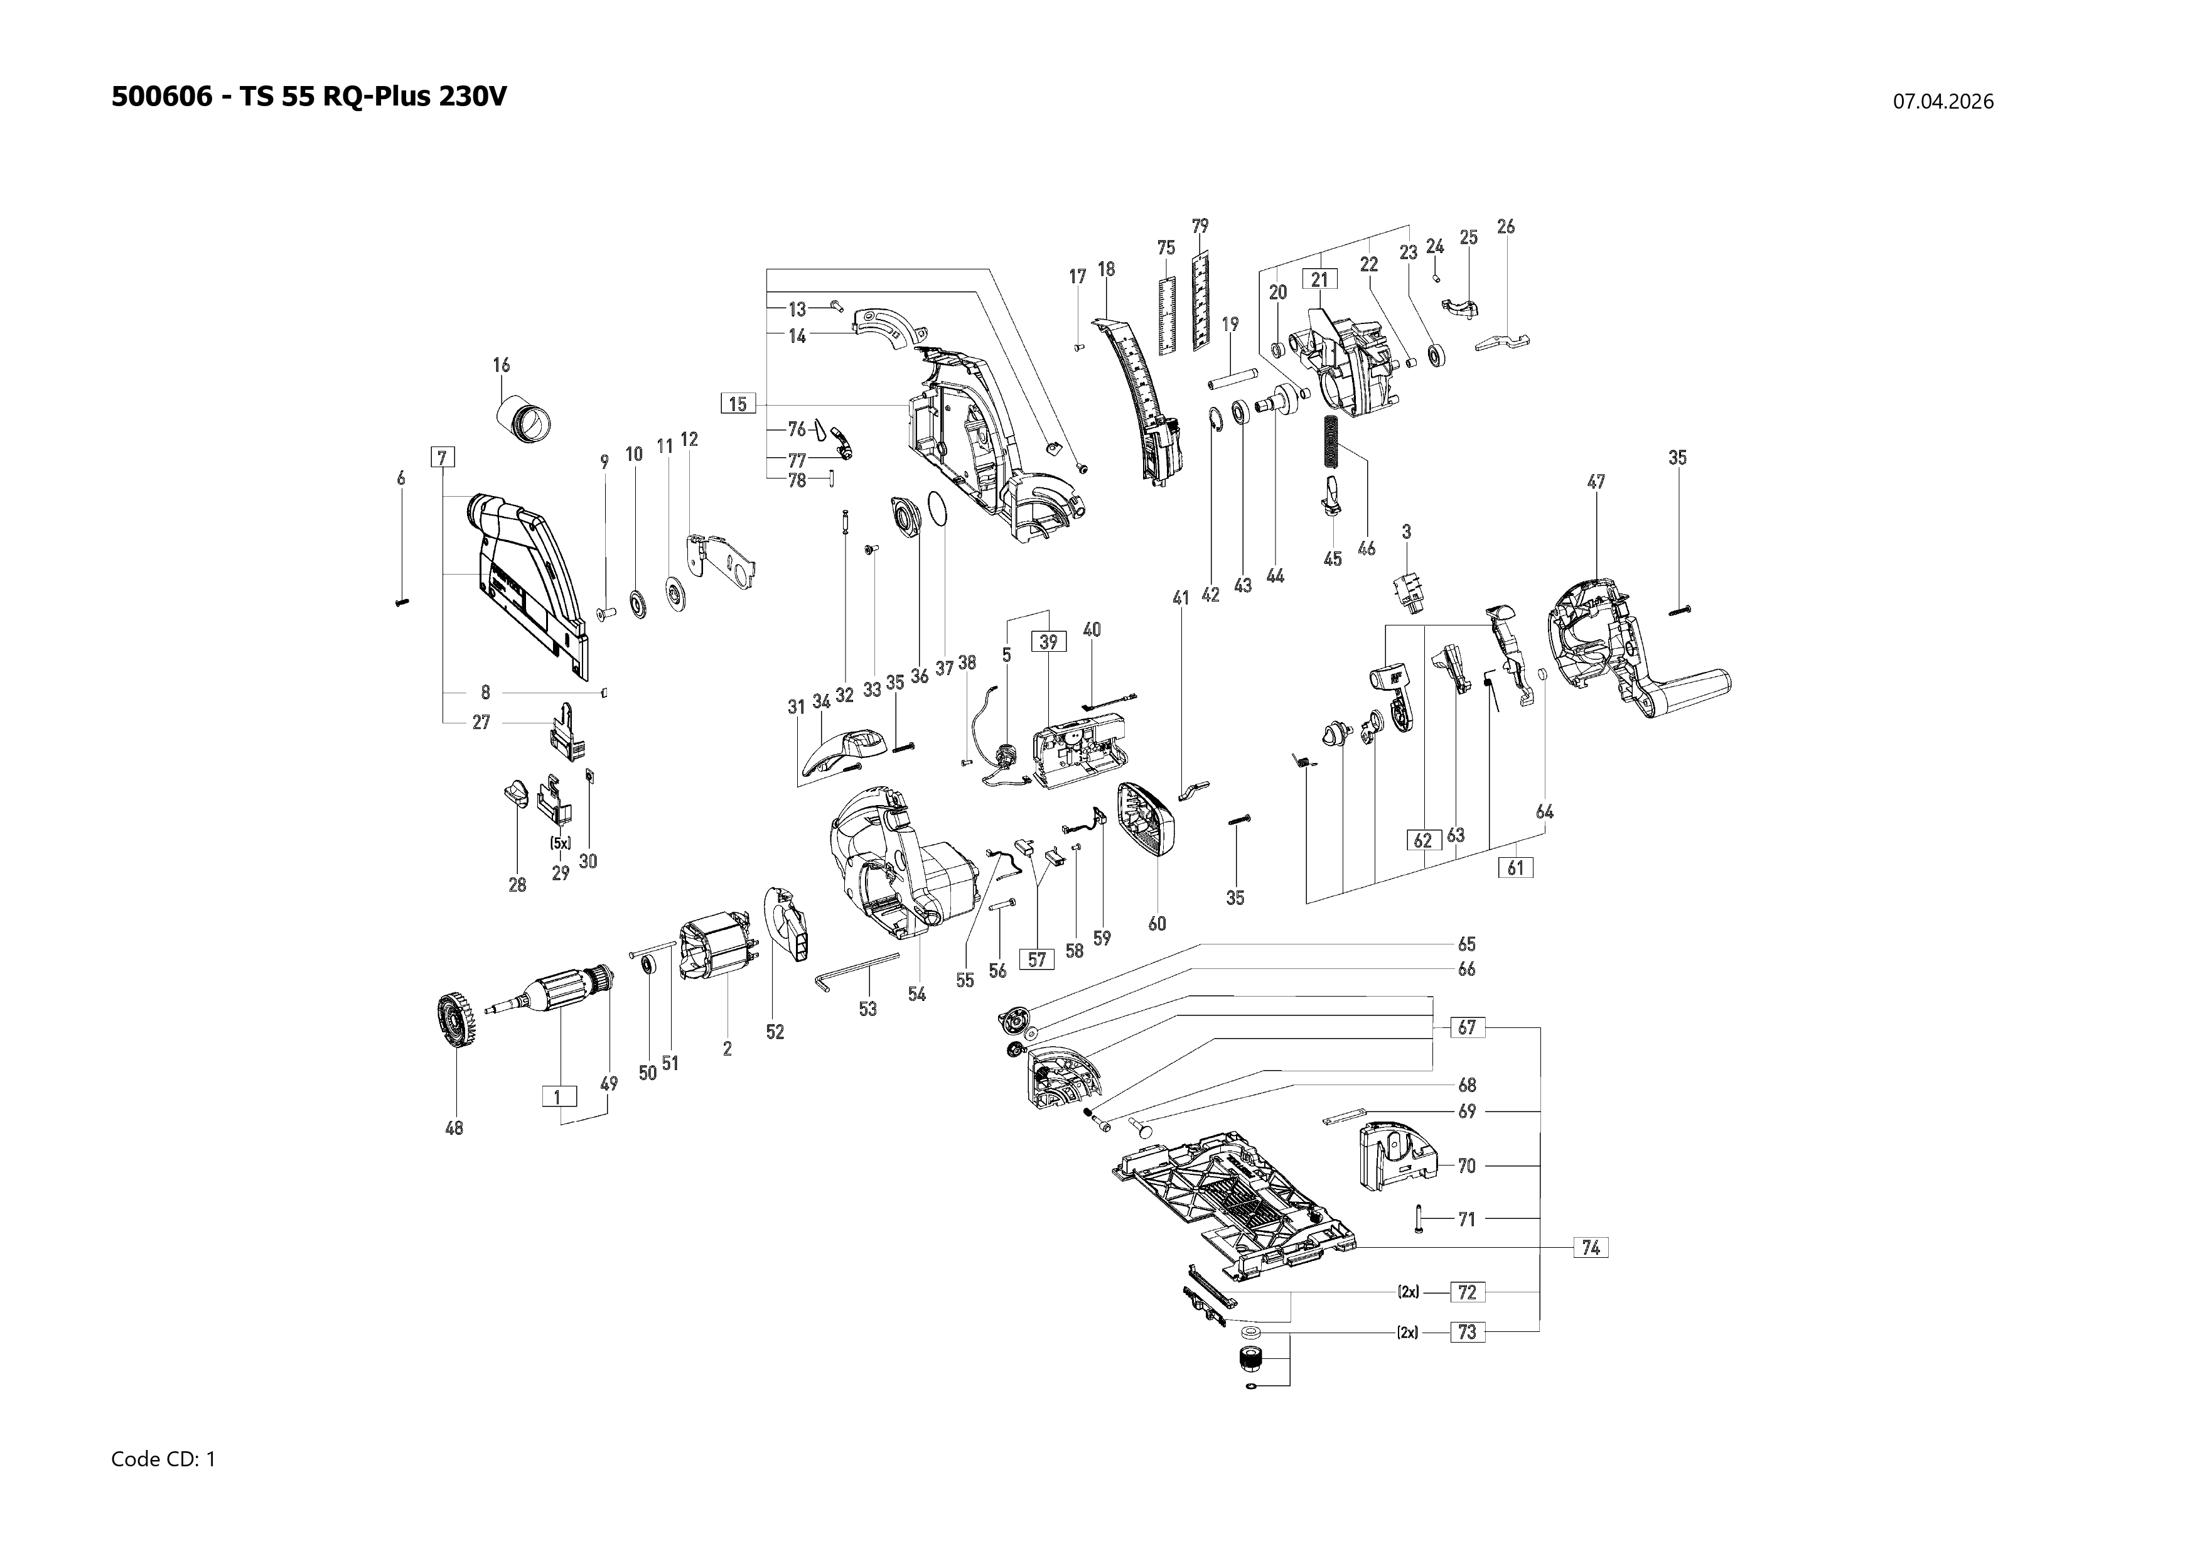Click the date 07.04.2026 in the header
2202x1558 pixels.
point(1942,102)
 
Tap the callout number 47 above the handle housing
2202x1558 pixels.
point(1596,482)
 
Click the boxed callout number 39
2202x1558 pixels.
point(1048,642)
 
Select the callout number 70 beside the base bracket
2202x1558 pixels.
point(1466,1166)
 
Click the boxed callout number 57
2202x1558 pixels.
point(1037,958)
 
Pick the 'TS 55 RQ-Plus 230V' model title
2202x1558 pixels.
point(373,97)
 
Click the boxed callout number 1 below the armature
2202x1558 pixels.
point(558,1096)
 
